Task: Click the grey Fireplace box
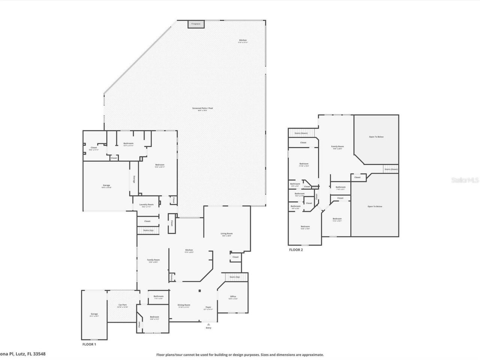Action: click(196, 24)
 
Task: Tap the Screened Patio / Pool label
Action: click(202, 108)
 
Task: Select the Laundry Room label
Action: click(146, 204)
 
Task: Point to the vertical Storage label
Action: click(134, 179)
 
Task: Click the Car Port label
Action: click(122, 305)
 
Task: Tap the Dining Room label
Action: click(184, 305)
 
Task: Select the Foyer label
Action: click(208, 307)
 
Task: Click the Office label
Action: click(233, 296)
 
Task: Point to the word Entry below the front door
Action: click(208, 328)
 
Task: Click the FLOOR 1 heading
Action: click(89, 344)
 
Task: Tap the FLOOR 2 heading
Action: click(295, 250)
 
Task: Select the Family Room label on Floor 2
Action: click(337, 147)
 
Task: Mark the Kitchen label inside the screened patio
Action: click(243, 40)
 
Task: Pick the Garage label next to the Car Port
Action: click(94, 314)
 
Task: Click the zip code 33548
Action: click(39, 354)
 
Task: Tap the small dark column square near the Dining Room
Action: click(200, 291)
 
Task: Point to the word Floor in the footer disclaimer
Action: click(160, 355)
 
